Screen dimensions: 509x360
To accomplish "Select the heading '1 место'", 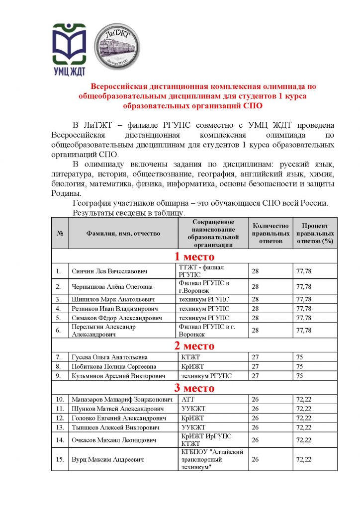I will [194, 257].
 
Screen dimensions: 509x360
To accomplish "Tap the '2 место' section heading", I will [194, 346].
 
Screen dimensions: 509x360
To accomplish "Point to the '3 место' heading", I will [194, 388].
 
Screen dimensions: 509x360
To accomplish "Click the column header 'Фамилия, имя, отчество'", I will [123, 233].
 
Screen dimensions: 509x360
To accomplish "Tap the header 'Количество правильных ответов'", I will [270, 233].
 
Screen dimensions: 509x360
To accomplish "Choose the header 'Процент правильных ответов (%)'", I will [315, 233].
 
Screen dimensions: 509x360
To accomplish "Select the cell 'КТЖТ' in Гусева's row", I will [188, 357].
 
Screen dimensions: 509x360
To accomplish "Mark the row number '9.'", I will [59, 376].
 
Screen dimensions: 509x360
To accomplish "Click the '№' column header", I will [60, 233].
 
